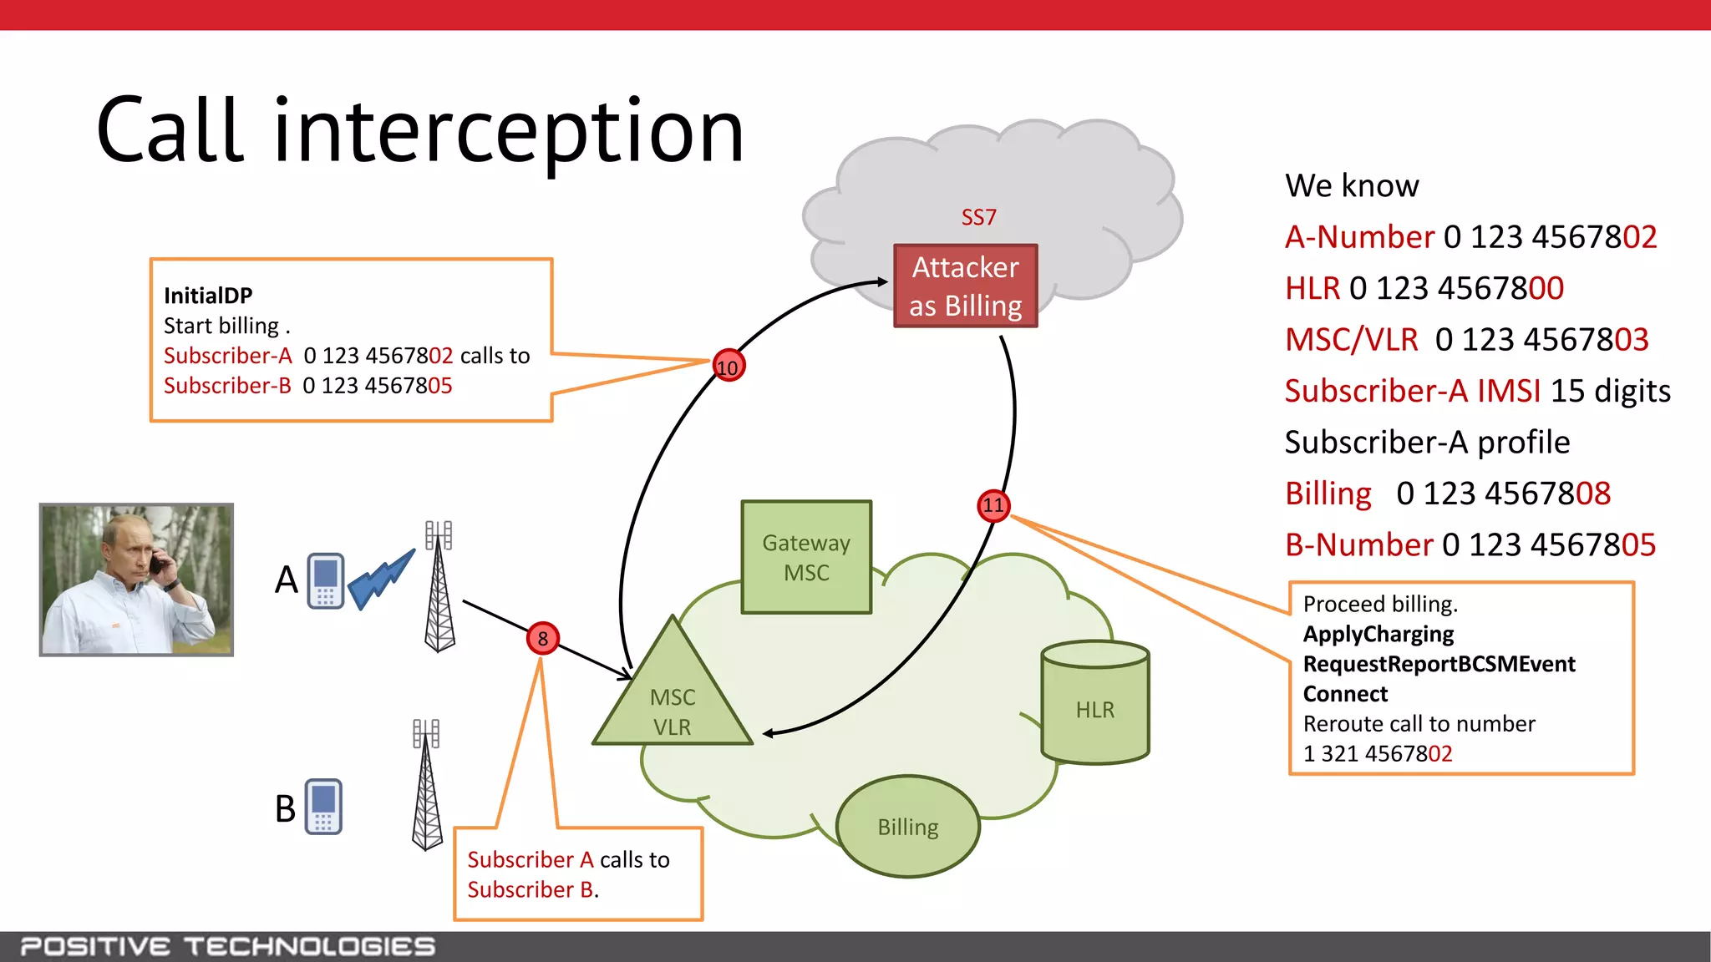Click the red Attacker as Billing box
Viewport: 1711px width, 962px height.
point(965,286)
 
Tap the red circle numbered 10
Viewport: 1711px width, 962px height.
point(729,367)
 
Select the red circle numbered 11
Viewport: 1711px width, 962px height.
point(993,505)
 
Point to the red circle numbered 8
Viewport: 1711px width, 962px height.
point(542,639)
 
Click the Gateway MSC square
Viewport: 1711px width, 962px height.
point(806,557)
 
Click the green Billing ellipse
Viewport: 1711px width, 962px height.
point(908,827)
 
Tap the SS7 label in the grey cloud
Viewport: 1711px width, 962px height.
point(978,218)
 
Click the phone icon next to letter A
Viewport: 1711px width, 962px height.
point(325,580)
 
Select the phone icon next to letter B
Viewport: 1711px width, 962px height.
point(323,807)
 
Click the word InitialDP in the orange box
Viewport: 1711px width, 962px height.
point(208,296)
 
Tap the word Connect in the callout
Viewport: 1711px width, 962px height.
point(1345,694)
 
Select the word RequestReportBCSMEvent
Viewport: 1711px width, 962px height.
point(1439,664)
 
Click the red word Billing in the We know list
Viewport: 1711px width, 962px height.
point(1328,494)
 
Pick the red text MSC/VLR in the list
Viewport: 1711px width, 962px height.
point(1351,340)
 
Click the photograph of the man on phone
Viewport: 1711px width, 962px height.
point(136,580)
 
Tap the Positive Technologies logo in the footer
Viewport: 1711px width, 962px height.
point(227,946)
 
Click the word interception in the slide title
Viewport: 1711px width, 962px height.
point(508,131)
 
